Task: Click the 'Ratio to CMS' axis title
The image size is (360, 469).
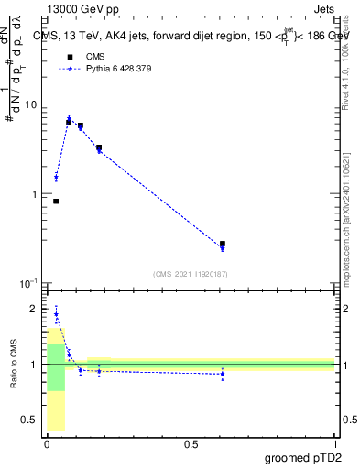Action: (15, 364)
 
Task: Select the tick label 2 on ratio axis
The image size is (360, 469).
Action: (33, 309)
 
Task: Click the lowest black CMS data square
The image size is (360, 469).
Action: (56, 202)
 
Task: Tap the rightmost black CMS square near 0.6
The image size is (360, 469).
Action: (223, 245)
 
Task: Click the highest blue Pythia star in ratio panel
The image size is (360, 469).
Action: (56, 314)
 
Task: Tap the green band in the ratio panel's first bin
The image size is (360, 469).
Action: (56, 366)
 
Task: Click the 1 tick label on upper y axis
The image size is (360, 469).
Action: (33, 194)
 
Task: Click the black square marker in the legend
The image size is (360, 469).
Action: (70, 56)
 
